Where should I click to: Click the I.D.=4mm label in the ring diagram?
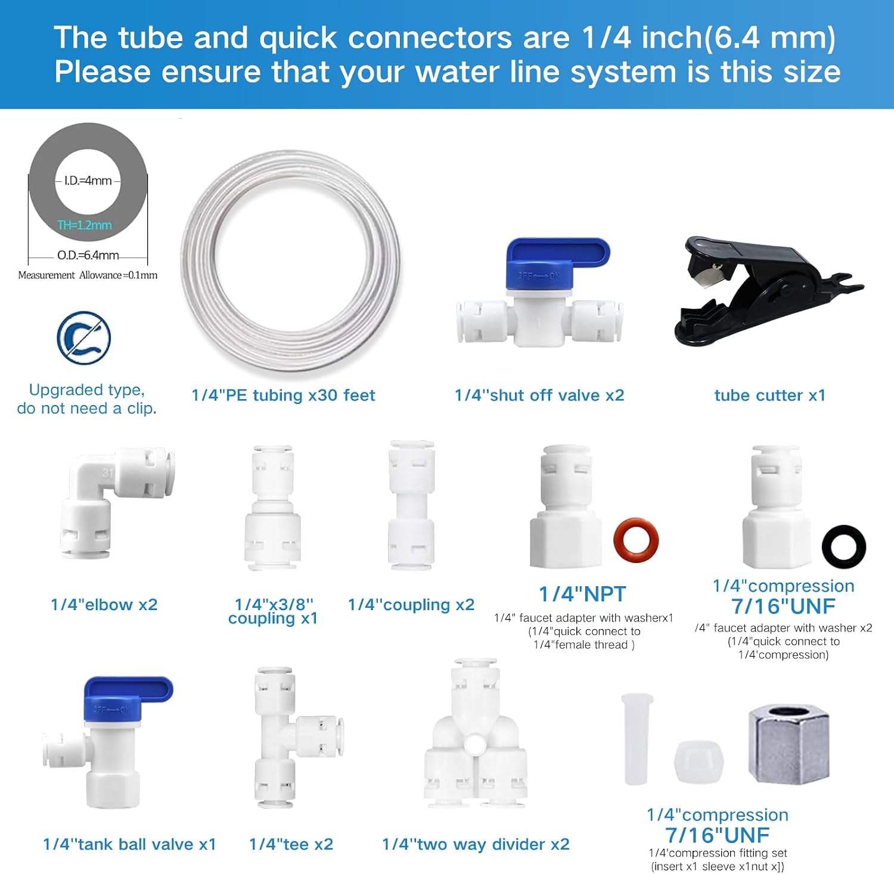pos(88,181)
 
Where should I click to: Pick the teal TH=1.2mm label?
pos(85,225)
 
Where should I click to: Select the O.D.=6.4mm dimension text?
pos(88,256)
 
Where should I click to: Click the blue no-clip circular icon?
pos(84,338)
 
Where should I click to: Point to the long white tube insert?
pos(636,739)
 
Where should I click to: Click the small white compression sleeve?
pos(699,763)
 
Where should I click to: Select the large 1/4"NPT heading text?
pos(582,594)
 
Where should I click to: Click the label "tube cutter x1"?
pos(769,396)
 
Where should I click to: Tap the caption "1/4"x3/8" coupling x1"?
pos(273,611)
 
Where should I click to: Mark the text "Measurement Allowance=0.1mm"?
pos(88,275)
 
